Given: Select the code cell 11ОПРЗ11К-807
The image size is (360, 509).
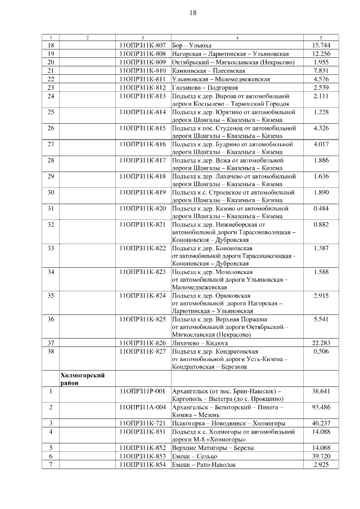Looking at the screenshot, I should click(143, 45).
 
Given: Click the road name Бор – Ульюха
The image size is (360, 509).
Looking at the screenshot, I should click(195, 45).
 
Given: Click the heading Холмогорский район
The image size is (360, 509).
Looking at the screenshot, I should click(82, 379).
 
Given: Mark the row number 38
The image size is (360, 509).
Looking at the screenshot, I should click(51, 351).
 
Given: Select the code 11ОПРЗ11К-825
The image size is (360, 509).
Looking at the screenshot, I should click(143, 319).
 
